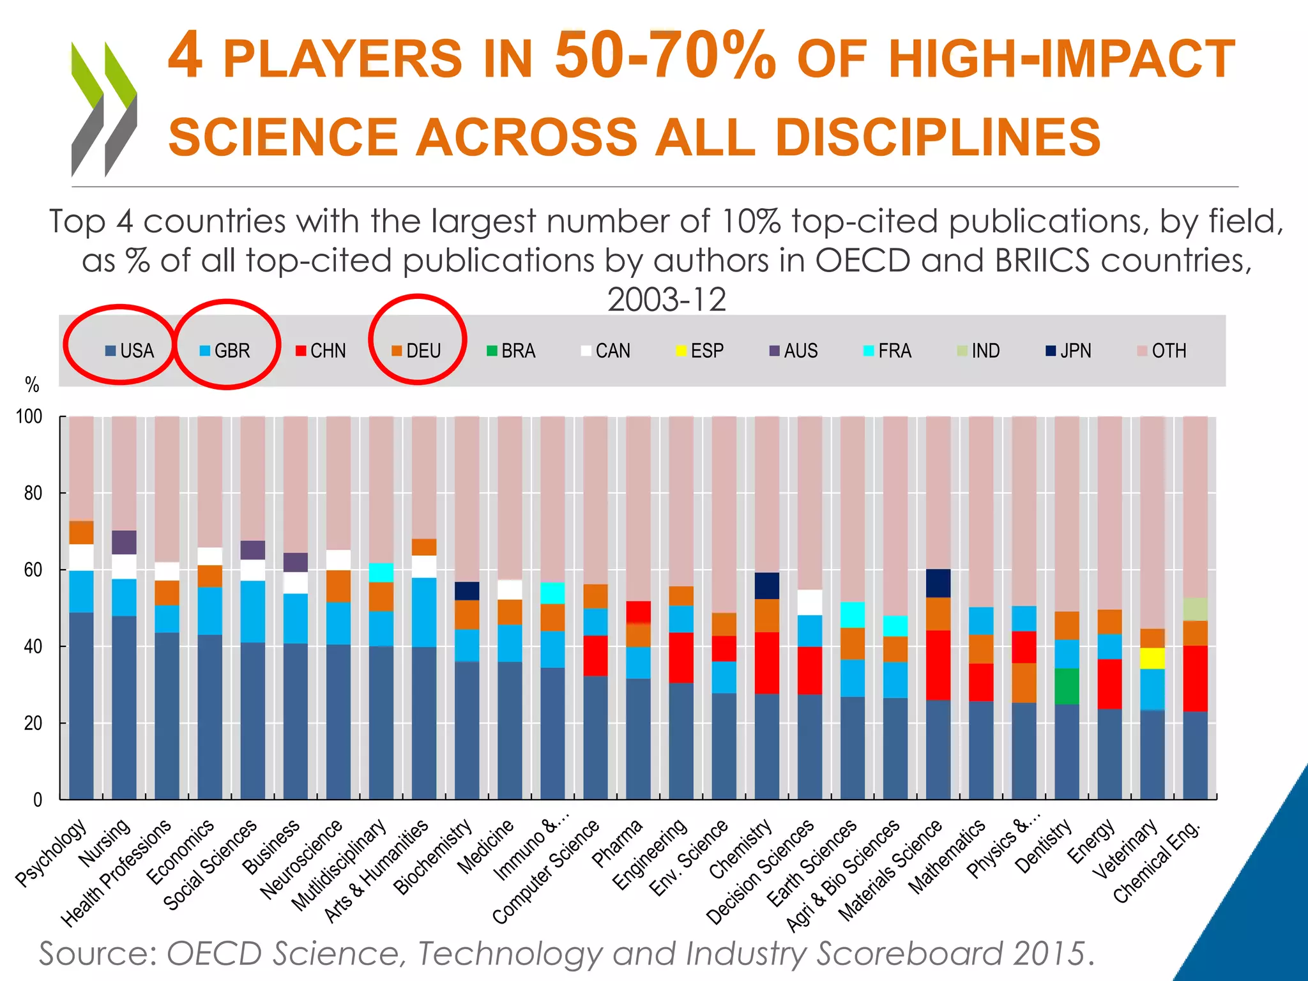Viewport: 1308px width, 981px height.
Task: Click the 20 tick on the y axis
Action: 33,723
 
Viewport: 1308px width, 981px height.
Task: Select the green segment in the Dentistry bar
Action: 1067,686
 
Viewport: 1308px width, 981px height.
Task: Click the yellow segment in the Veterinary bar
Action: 1152,658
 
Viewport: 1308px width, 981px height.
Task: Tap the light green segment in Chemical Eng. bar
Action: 1195,609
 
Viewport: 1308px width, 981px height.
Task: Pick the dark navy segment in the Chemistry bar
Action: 766,585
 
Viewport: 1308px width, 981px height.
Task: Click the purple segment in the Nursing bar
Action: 124,542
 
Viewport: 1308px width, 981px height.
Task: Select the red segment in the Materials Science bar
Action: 938,665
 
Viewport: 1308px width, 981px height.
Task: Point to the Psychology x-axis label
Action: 51,853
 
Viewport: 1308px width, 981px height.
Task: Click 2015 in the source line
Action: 1048,954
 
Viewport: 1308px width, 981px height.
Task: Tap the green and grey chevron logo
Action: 103,109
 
